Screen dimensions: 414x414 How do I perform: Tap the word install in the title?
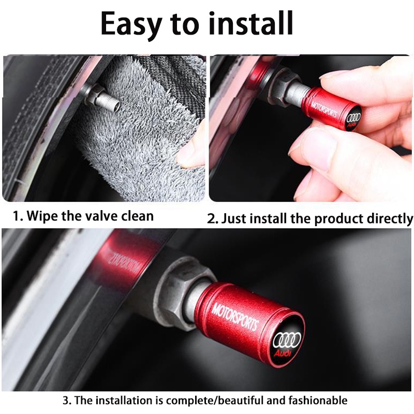coord(251,23)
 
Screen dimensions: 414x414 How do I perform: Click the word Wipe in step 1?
coord(42,216)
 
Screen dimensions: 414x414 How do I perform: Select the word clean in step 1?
coord(137,216)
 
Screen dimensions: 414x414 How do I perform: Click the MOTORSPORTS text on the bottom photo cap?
coord(235,316)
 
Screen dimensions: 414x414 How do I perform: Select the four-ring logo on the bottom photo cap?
coord(287,340)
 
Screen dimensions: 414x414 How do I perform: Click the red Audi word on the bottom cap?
coord(283,353)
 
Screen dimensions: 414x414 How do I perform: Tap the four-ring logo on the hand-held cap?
coord(353,118)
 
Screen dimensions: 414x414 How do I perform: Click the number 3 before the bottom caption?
coord(65,401)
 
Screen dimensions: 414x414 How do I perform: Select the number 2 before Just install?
coord(211,219)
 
